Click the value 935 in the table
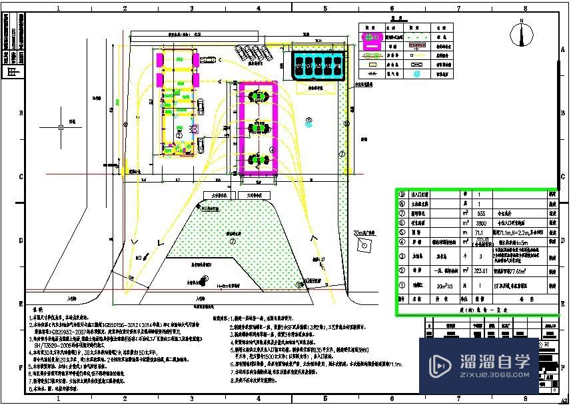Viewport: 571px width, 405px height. tap(482, 213)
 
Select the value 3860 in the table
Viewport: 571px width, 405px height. tap(481, 223)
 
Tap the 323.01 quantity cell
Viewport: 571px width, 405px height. tap(481, 271)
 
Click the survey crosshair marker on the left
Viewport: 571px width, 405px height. tap(61, 126)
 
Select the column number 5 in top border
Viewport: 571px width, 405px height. tap(325, 8)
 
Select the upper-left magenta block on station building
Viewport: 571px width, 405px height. tap(160, 59)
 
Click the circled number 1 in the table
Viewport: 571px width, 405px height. tap(402, 286)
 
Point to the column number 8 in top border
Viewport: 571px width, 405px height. tap(526, 8)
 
